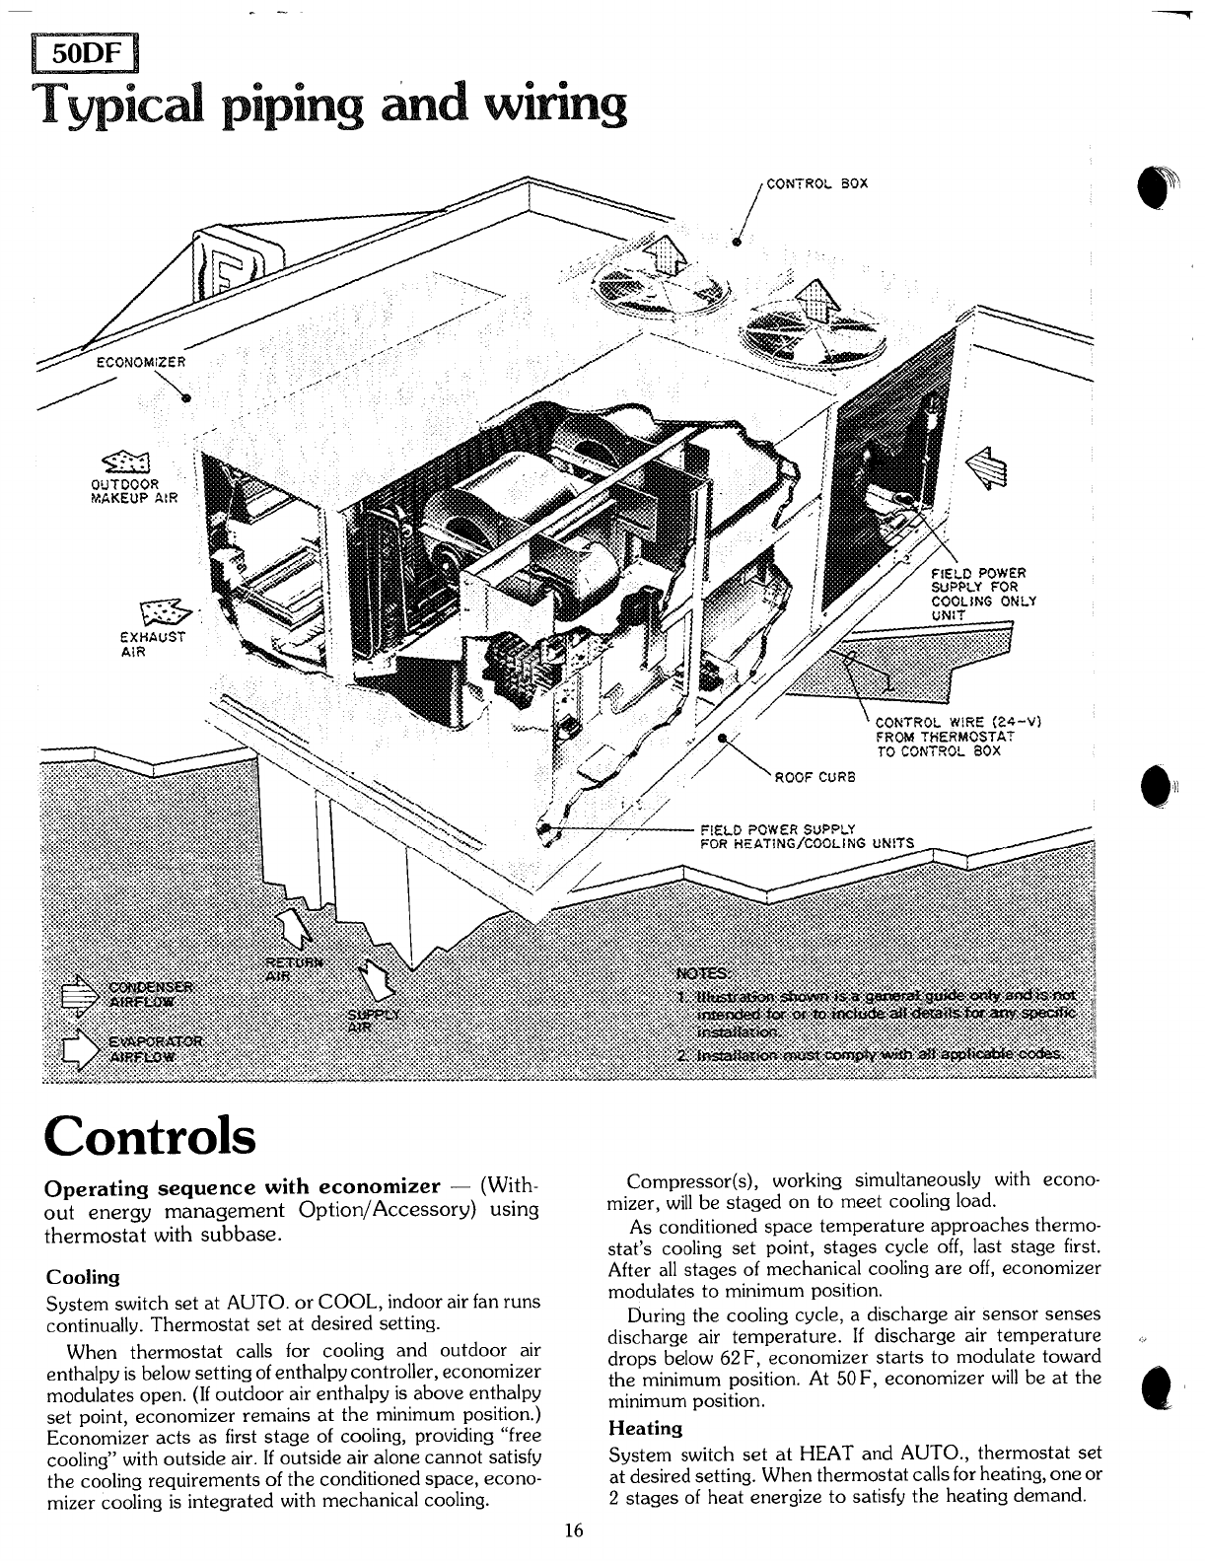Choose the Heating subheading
click(646, 1427)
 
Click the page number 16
click(574, 1530)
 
